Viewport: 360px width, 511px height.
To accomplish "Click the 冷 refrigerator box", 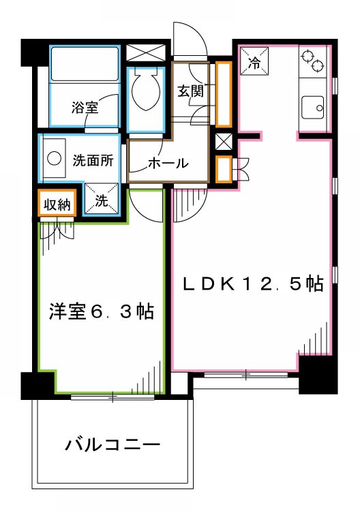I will [254, 63].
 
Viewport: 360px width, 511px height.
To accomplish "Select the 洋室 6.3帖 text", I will [100, 312].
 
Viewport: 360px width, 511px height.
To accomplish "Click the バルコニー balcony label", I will [112, 446].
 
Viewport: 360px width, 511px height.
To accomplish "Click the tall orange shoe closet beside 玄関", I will [223, 93].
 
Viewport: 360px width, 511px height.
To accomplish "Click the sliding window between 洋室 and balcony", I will [113, 396].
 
